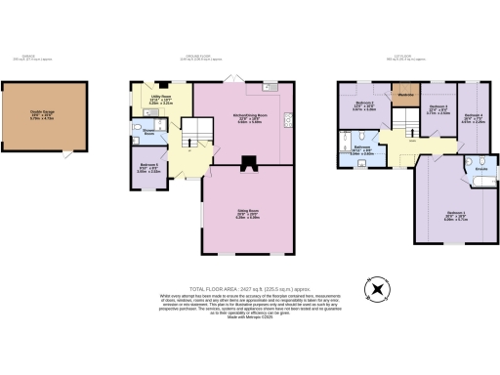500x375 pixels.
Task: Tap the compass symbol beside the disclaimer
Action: (376, 290)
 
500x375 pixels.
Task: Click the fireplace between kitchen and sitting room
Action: (248, 164)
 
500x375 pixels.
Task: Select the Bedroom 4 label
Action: (474, 118)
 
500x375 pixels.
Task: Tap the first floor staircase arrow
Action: (398, 123)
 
